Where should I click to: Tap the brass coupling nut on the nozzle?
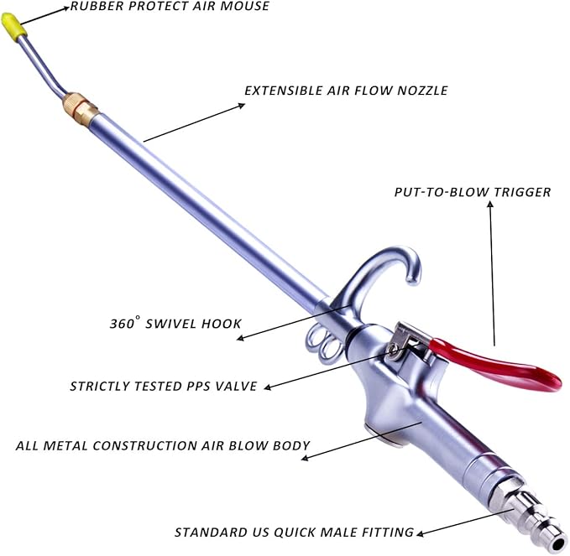[x=79, y=107]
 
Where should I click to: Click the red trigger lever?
[x=491, y=363]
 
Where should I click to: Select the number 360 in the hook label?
[x=123, y=324]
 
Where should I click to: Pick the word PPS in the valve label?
[x=198, y=386]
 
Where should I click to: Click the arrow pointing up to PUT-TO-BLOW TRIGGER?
[x=492, y=273]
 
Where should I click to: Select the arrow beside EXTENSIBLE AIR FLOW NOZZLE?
[x=194, y=122]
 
